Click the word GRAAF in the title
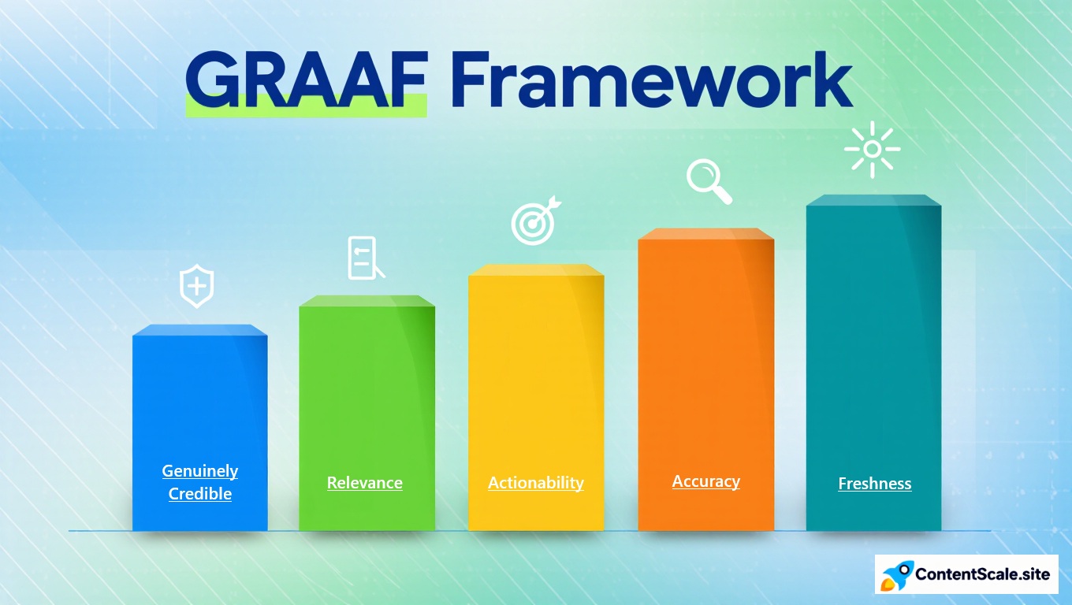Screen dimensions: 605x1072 (x=306, y=81)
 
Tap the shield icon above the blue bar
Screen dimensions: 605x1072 (x=197, y=287)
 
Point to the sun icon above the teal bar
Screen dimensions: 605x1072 (x=872, y=149)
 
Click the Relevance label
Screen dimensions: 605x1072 (x=365, y=483)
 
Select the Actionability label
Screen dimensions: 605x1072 (x=536, y=483)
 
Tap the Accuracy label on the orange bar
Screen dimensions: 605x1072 (x=706, y=481)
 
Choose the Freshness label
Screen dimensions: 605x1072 (x=875, y=484)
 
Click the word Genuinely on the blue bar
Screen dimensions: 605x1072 (x=200, y=471)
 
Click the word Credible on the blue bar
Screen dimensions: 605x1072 (x=200, y=494)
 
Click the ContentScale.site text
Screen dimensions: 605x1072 (x=982, y=574)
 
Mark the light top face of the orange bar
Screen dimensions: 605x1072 (x=706, y=233)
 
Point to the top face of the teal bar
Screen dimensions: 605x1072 (x=873, y=200)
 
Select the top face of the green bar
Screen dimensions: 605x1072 (x=367, y=301)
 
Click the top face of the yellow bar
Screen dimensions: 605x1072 (x=536, y=270)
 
